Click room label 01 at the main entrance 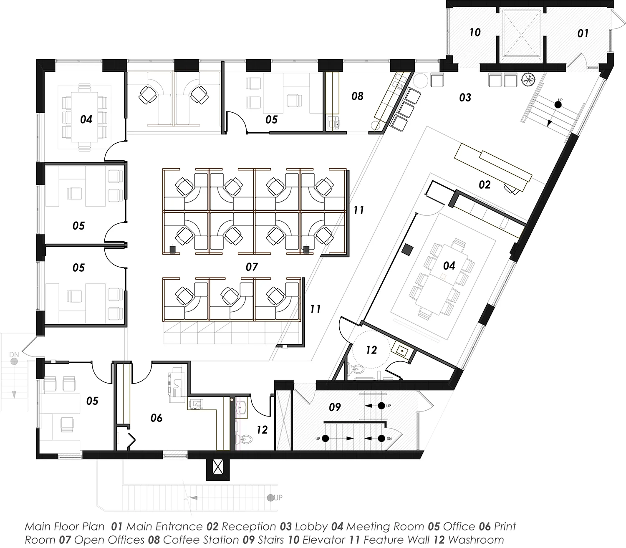coord(583,33)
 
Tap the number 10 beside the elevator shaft coord(475,32)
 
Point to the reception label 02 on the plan coord(485,184)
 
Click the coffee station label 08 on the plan coord(357,96)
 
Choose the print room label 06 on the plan coord(156,418)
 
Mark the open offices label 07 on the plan coord(252,266)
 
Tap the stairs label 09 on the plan coord(335,407)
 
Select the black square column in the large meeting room coord(407,250)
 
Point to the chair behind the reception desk coord(511,189)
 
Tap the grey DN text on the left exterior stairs coord(14,355)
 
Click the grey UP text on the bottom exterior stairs coord(278,497)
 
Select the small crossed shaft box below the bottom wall coord(217,467)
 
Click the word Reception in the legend coord(249,527)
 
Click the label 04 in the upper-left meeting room coord(86,119)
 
